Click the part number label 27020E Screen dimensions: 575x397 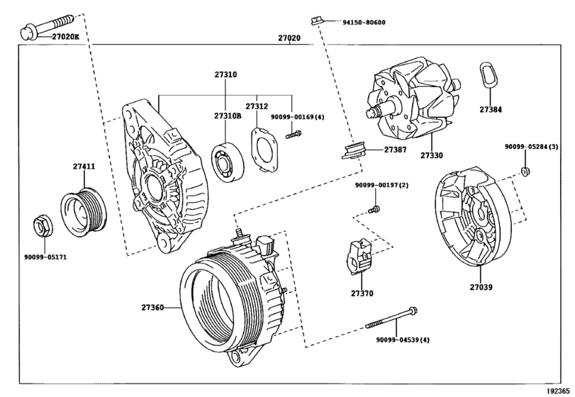coord(65,37)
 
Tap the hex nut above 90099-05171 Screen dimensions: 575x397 coord(43,226)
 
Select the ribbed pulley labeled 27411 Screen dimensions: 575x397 coord(84,212)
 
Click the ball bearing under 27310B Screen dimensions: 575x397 coord(228,160)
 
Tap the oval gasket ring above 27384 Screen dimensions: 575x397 coord(489,75)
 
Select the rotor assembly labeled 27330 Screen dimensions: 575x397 coord(413,99)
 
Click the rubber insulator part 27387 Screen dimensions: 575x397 coord(354,151)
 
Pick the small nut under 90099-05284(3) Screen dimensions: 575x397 coord(526,170)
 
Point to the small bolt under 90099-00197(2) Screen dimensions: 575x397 coord(374,210)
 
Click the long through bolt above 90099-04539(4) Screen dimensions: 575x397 coord(391,318)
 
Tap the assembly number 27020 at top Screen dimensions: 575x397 coord(289,38)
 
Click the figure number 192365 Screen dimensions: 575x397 coord(559,391)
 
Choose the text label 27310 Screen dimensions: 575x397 coord(225,74)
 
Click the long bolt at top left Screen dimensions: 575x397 coord(47,27)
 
